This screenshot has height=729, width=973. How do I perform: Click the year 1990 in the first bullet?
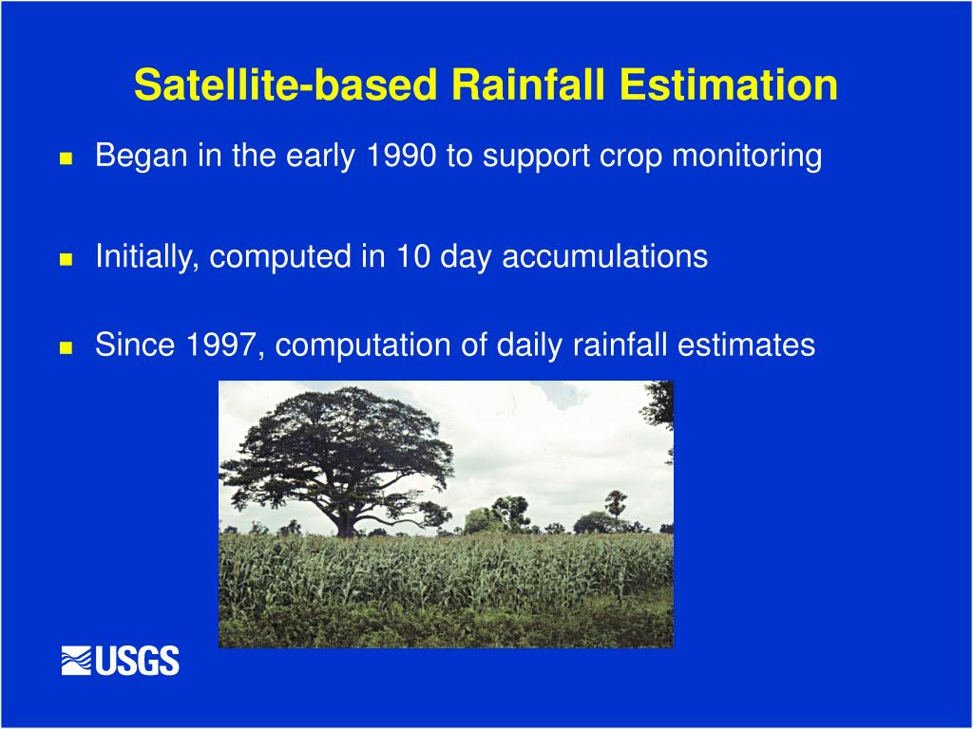[402, 155]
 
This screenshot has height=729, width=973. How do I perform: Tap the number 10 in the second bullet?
[414, 256]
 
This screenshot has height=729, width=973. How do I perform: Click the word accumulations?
[605, 256]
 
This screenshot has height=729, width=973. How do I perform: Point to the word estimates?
[746, 346]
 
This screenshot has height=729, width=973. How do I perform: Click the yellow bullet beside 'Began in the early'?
[66, 159]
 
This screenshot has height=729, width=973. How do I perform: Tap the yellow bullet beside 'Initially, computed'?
[66, 259]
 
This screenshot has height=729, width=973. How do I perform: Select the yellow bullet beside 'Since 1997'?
[66, 347]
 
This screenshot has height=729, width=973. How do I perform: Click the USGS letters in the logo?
[137, 661]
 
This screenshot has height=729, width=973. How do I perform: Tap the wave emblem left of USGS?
[76, 661]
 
